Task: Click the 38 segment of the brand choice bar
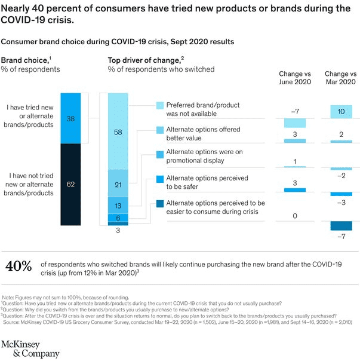point(71,119)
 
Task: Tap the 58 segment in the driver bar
point(118,131)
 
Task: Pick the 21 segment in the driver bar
point(118,183)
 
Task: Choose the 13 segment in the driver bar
point(118,205)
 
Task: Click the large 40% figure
point(19,266)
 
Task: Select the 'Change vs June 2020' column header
point(296,78)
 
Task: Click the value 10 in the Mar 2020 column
point(341,112)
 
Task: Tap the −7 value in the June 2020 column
point(295,112)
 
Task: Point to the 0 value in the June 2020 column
point(295,216)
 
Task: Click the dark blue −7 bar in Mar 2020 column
point(341,226)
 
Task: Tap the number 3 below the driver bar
point(118,231)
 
